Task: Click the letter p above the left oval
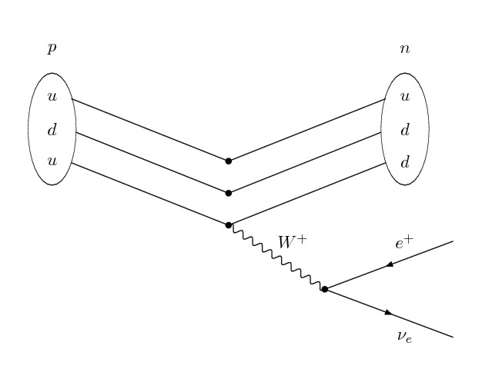coord(52,49)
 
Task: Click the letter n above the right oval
coord(404,49)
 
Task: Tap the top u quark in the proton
coord(52,98)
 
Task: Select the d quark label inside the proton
coord(52,131)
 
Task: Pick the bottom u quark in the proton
coord(52,163)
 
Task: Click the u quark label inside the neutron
coord(404,98)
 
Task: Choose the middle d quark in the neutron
coord(404,131)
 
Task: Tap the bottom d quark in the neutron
coord(404,163)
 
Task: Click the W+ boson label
coord(292,241)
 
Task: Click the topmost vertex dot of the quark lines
coord(228,161)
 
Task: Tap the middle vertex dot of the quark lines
coord(228,193)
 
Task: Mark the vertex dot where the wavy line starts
coord(228,225)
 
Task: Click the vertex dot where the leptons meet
coord(325,290)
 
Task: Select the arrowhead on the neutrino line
coord(388,313)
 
